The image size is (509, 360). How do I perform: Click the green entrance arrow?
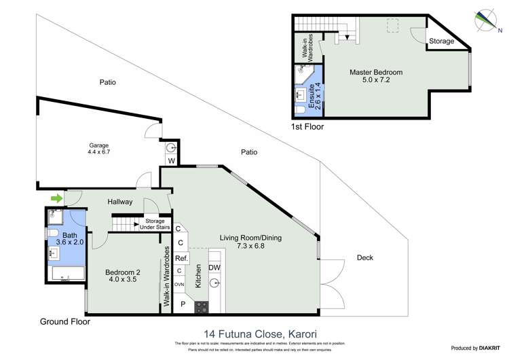pos(56,198)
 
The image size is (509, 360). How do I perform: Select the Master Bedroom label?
pos(376,76)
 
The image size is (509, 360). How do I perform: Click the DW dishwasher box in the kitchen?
pos(214,269)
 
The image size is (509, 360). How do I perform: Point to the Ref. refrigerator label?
pos(181,259)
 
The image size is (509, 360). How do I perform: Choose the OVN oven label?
pos(179,284)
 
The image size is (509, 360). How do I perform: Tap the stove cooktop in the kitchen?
pos(202,306)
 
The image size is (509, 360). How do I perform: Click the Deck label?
pos(364,257)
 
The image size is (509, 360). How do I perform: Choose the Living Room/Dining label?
pos(250,242)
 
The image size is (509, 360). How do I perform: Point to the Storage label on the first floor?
pos(441,41)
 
